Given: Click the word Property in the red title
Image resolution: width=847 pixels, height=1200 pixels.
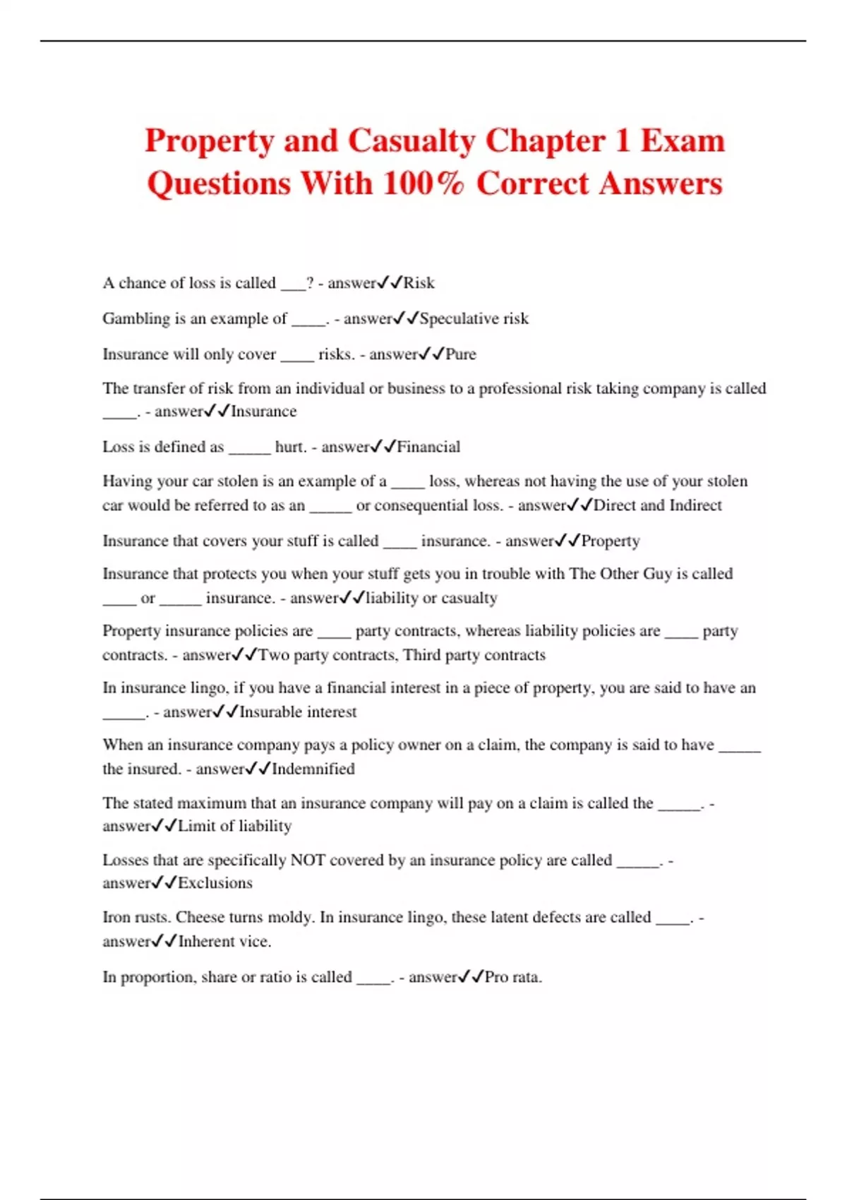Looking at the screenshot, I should click(x=209, y=141).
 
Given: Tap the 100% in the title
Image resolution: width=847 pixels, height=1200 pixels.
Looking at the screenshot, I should click(x=423, y=184).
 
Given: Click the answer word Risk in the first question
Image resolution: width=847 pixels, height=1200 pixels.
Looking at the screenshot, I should click(x=419, y=283).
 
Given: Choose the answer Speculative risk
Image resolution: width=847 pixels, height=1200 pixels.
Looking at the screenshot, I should click(x=474, y=319).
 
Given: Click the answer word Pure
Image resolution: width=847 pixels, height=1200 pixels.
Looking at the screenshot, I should click(x=461, y=354).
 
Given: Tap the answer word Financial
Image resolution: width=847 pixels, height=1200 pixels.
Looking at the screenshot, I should click(x=428, y=447).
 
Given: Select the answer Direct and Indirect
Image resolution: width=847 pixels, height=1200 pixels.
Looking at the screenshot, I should click(x=657, y=505).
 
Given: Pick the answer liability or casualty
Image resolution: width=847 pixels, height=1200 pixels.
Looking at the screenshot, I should click(x=431, y=598).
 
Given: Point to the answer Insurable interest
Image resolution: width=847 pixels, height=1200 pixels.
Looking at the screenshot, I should click(x=298, y=712).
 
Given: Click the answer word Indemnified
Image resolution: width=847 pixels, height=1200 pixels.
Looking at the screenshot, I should click(x=313, y=769).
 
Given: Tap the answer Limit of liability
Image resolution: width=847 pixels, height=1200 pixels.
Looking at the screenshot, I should click(x=234, y=826).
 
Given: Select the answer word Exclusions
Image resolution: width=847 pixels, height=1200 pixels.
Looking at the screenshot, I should click(x=215, y=883).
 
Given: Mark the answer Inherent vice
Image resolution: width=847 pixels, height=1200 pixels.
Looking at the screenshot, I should click(x=224, y=942).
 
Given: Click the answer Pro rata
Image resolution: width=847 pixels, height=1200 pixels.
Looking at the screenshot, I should click(x=513, y=978).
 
